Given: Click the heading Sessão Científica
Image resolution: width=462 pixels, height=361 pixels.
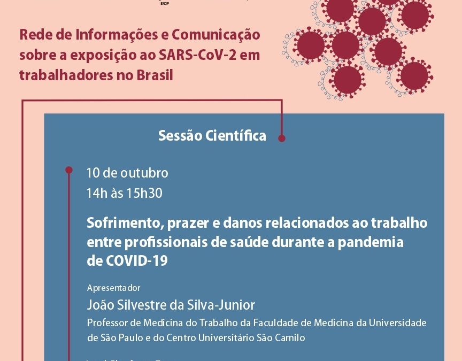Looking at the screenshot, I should click(x=212, y=136).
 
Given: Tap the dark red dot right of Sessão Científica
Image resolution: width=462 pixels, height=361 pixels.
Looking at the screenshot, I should click(x=282, y=138).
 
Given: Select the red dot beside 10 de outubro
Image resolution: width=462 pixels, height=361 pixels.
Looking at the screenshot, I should click(x=68, y=170).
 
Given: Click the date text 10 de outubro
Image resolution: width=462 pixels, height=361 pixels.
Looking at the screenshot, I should click(x=127, y=173).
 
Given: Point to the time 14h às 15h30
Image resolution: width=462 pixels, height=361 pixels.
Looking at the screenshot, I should click(x=124, y=193).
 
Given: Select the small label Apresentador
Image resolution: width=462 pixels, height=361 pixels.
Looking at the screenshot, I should click(x=113, y=288).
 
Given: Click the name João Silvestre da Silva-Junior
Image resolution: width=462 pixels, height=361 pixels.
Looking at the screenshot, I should click(x=171, y=305).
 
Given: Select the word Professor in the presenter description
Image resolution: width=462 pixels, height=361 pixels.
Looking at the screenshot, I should click(x=106, y=323).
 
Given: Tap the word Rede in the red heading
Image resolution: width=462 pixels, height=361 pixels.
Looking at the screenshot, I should click(x=33, y=35).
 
